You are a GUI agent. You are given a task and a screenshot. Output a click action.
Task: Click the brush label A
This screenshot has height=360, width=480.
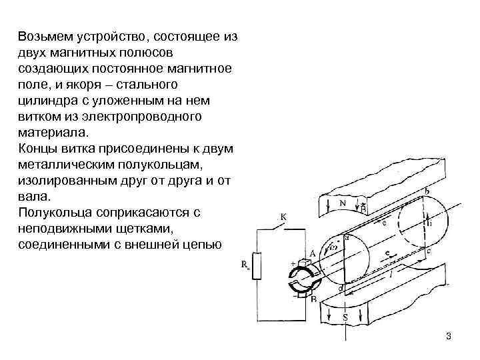312,253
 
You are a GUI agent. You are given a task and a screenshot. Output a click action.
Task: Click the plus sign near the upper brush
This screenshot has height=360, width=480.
292,264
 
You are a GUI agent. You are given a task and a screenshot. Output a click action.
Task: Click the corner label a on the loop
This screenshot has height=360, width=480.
347,237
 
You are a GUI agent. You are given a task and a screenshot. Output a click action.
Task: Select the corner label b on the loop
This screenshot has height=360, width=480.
427,191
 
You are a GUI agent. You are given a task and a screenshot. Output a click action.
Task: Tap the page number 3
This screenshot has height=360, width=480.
449,336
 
